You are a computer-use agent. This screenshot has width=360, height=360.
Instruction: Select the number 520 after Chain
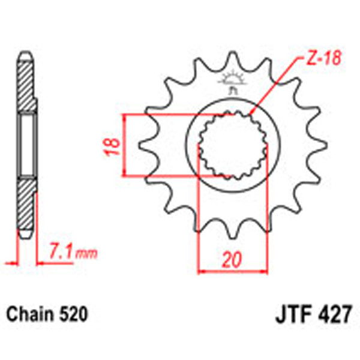pos(75,314)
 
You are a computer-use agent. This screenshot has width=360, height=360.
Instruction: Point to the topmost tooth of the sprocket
pos(232,60)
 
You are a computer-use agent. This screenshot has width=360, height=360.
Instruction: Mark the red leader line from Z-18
pos(276,84)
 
